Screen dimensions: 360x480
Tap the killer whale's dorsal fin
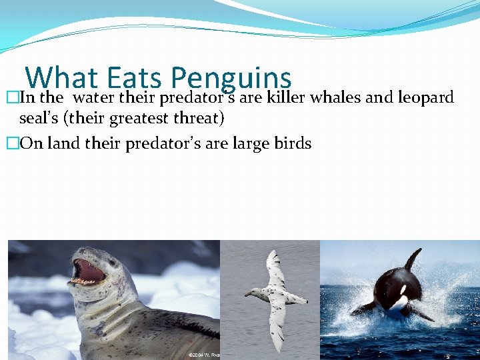coord(413,258)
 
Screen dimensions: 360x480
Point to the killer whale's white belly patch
coord(399,303)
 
